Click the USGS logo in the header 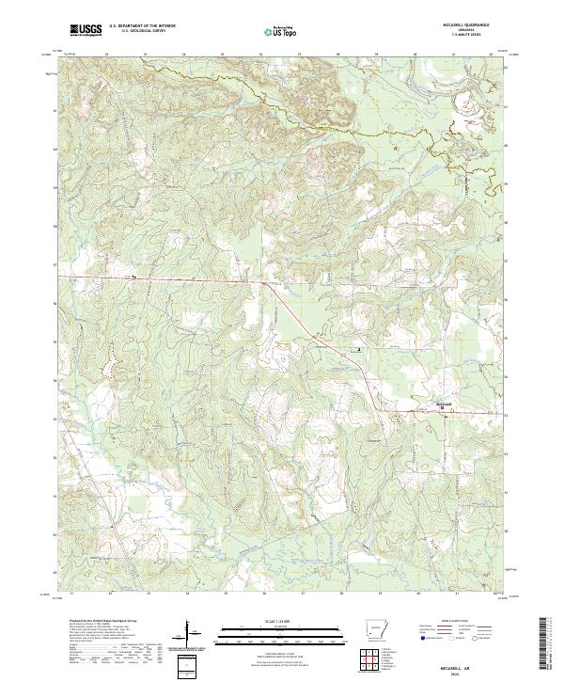coord(86,31)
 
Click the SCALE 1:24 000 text coord(273,621)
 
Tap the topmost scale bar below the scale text coord(273,627)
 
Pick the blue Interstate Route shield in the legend coord(419,637)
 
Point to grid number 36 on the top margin coord(260,54)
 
